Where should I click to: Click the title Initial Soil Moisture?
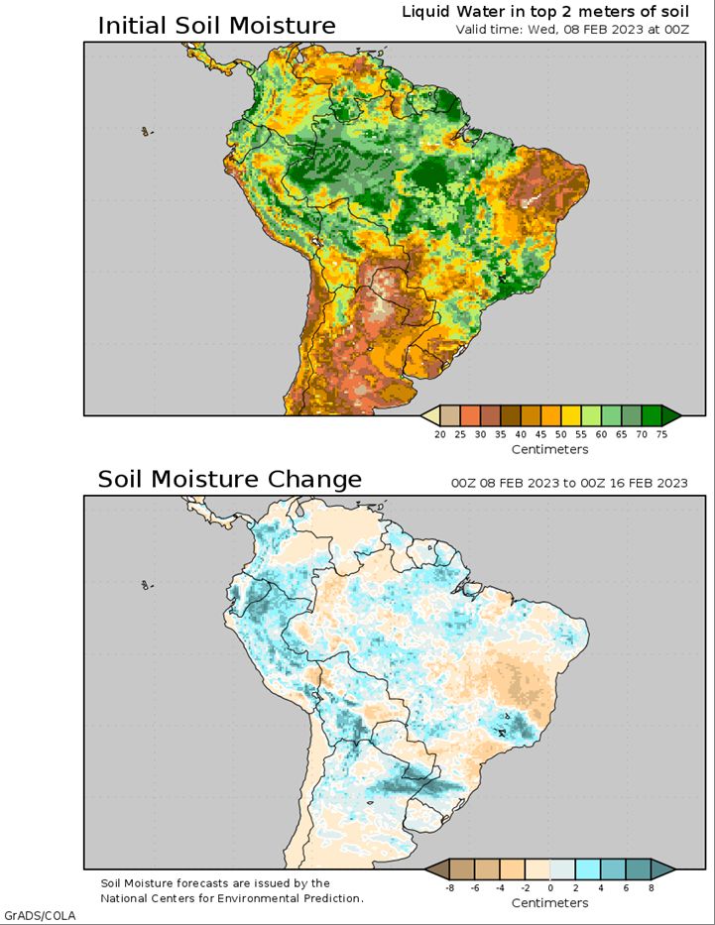coord(216,26)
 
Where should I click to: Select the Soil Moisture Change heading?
coord(229,479)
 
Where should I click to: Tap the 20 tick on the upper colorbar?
coord(440,435)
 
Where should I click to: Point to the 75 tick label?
coord(661,435)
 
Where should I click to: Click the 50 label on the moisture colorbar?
coord(561,435)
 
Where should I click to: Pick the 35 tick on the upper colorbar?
coord(500,435)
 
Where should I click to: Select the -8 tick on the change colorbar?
coord(449,888)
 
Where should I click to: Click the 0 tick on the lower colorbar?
coord(550,888)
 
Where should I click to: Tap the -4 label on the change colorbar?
coord(500,888)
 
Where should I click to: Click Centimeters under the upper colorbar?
coord(549,449)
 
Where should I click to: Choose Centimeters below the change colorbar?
coord(549,903)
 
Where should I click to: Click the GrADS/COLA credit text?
coord(40,916)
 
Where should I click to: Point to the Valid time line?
coord(572,30)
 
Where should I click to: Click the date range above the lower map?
coord(569,483)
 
